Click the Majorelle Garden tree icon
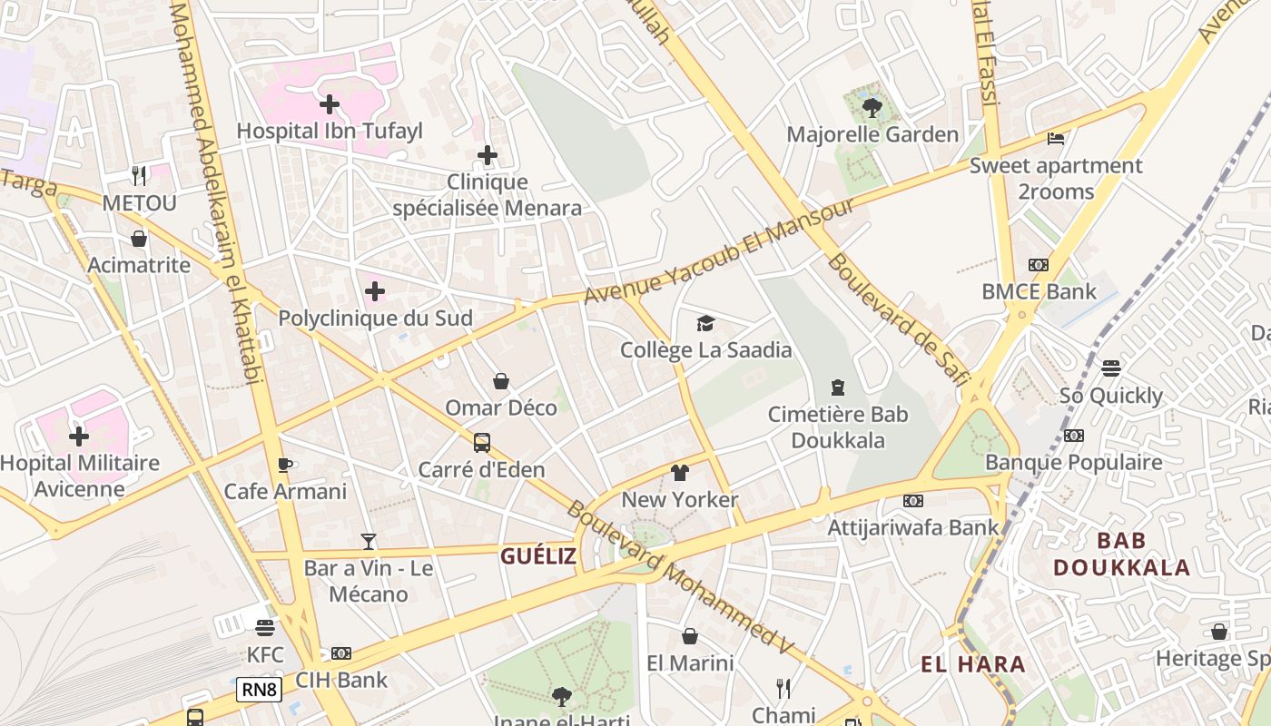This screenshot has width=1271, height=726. click(x=872, y=108)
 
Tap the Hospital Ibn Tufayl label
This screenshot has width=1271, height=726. click(x=330, y=132)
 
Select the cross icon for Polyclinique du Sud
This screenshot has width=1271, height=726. click(x=374, y=291)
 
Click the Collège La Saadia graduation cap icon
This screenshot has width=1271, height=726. click(x=705, y=323)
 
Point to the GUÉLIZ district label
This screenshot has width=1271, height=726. click(x=538, y=556)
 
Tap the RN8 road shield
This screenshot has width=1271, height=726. click(x=259, y=690)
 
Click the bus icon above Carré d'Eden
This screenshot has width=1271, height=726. click(x=482, y=443)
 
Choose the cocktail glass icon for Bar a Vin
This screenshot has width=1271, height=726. click(x=368, y=542)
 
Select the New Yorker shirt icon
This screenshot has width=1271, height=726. click(x=679, y=473)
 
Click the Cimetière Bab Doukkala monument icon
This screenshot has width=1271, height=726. click(x=838, y=388)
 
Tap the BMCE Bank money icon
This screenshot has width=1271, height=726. click(x=1039, y=265)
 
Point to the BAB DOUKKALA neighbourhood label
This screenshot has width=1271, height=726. click(x=1121, y=554)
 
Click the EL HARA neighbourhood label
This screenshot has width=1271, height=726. click(x=973, y=664)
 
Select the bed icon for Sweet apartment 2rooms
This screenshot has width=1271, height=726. click(x=1056, y=139)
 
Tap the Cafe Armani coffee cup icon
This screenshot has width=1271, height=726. click(x=285, y=465)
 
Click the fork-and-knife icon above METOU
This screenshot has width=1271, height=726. click(x=138, y=175)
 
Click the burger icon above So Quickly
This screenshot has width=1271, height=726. click(x=1111, y=368)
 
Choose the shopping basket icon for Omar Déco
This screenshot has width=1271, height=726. click(x=500, y=381)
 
